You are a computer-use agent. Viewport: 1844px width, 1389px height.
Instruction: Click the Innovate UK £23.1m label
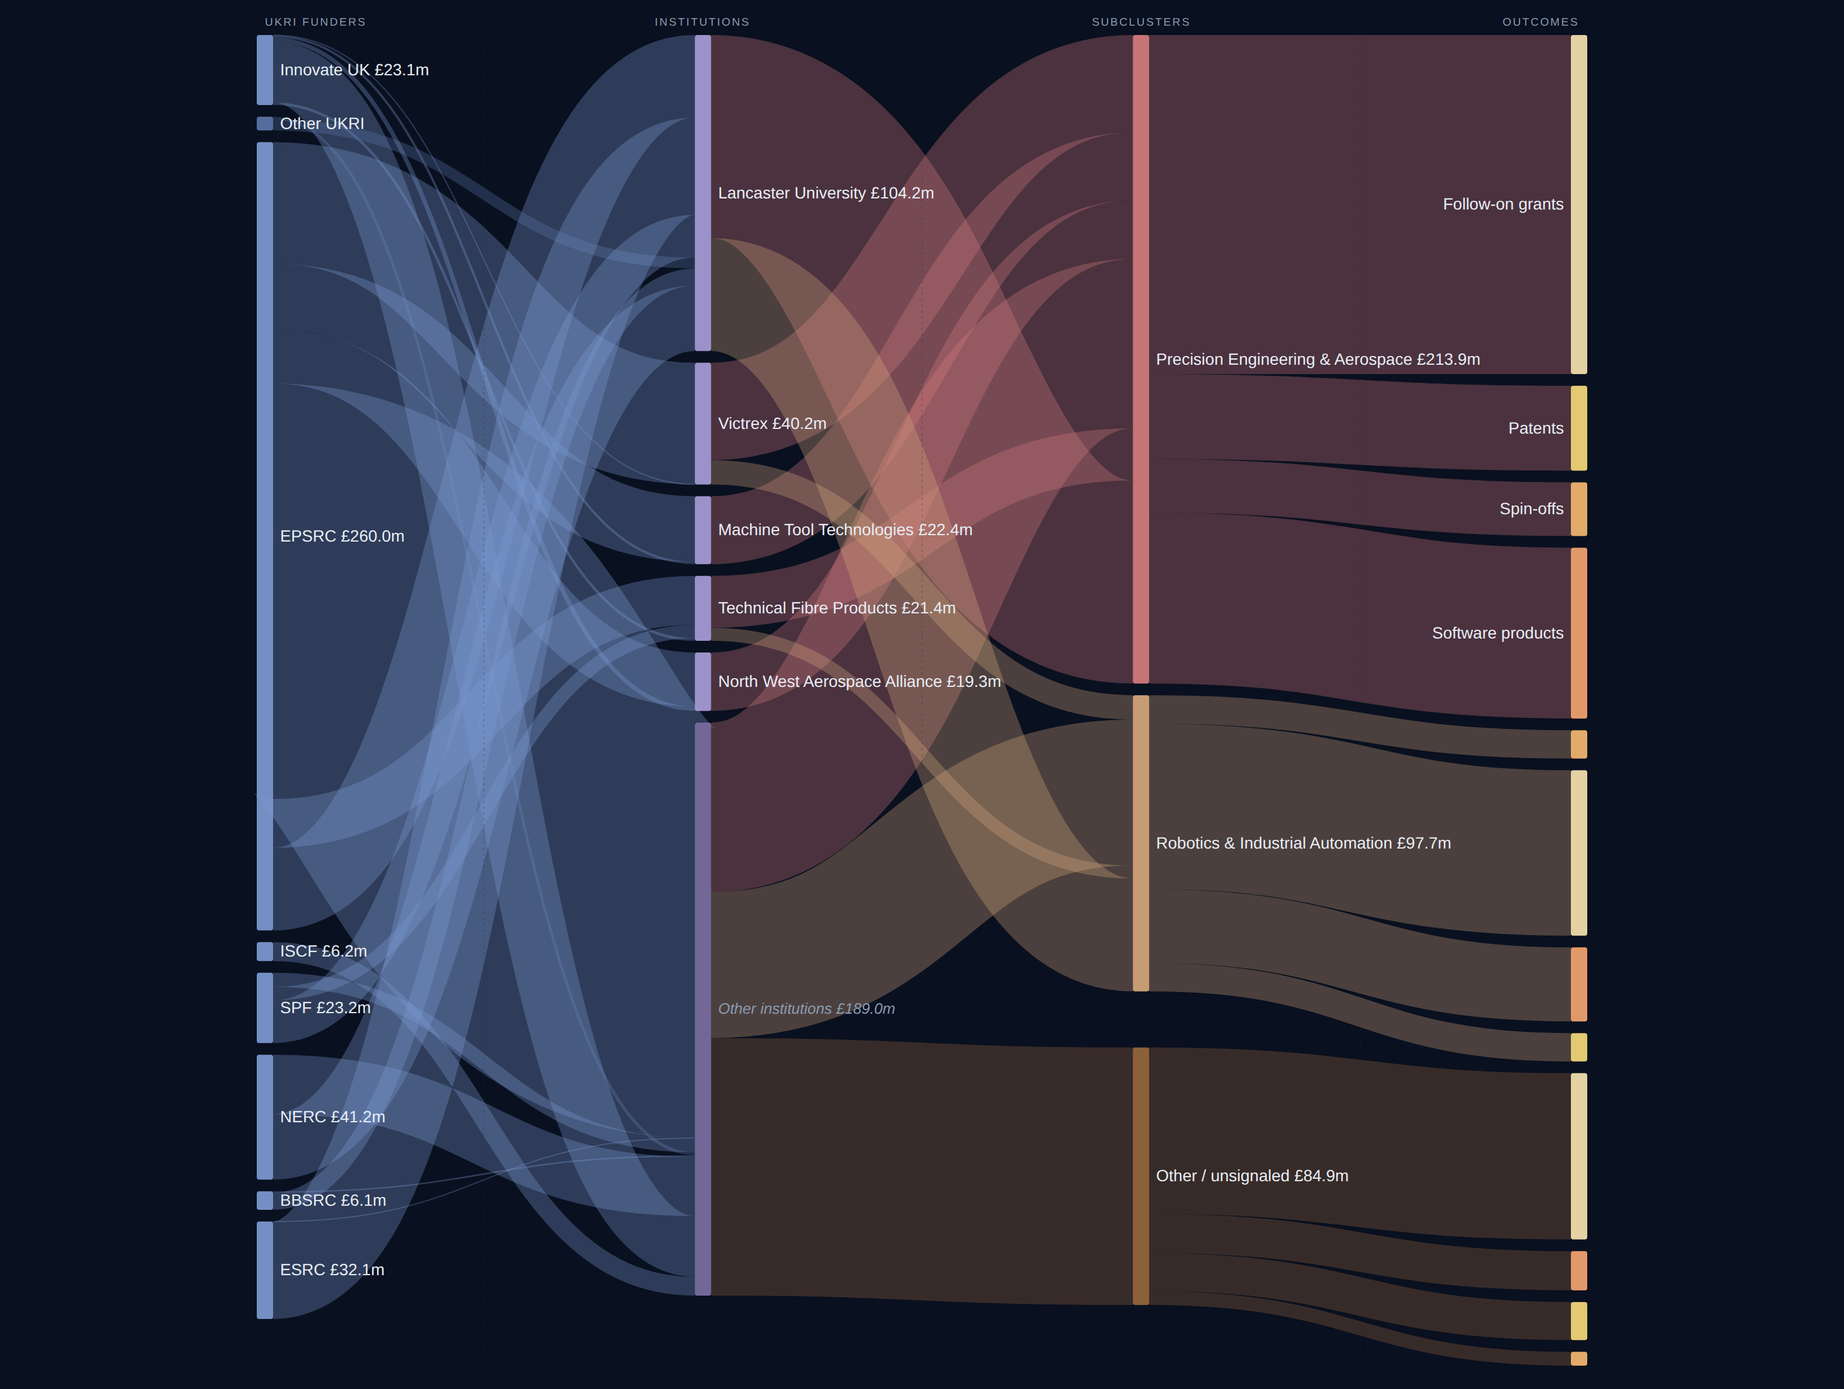354,70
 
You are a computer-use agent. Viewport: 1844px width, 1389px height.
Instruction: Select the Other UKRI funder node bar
264,123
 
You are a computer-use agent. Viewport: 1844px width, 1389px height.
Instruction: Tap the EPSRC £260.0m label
342,536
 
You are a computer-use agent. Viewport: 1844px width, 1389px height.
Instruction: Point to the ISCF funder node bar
264,951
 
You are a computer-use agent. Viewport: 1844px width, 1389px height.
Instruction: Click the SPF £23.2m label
325,1008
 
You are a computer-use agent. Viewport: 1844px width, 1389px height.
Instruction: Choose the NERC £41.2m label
333,1117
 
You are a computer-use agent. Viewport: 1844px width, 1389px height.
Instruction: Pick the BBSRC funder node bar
264,1200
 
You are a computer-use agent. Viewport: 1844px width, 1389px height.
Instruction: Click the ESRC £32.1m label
332,1270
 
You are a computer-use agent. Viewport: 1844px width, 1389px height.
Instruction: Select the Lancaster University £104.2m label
826,193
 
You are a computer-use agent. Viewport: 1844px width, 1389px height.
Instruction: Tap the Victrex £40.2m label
772,424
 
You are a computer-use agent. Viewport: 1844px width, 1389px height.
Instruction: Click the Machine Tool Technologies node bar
703,531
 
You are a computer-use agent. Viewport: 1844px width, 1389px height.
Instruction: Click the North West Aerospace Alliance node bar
703,682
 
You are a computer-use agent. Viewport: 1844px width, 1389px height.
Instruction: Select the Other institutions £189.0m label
806,1009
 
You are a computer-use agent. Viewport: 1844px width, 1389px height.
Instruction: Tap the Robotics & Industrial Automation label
1303,843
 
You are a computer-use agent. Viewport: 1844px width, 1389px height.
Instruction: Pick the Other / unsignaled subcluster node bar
1140,1177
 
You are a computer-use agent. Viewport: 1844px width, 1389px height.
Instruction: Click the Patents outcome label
1535,428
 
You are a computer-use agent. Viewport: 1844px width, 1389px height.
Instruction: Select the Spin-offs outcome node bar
1578,509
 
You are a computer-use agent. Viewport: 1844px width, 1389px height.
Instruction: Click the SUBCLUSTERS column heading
1140,22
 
